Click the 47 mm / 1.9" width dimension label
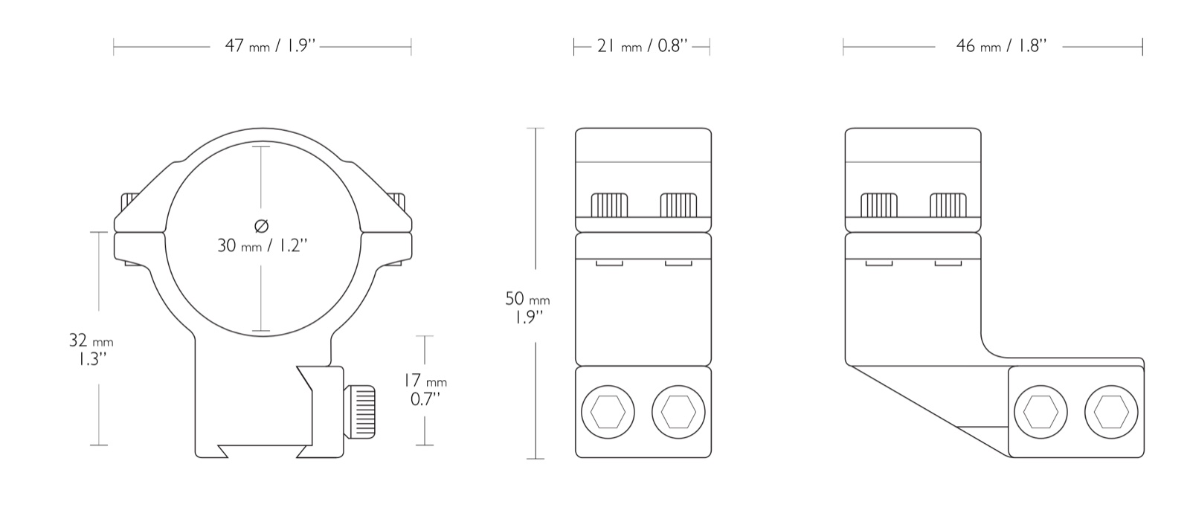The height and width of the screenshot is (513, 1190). pyautogui.click(x=271, y=45)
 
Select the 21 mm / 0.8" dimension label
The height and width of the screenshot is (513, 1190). pyautogui.click(x=643, y=46)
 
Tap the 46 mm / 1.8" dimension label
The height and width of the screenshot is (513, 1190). pyautogui.click(x=1001, y=46)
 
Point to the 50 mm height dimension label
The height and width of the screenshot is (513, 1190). pyautogui.click(x=527, y=308)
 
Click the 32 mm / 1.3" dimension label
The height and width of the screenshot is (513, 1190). pyautogui.click(x=91, y=349)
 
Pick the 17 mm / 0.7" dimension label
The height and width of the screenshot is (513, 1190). pyautogui.click(x=425, y=390)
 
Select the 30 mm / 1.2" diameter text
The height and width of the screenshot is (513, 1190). pyautogui.click(x=263, y=245)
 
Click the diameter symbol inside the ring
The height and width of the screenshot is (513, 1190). pyautogui.click(x=261, y=226)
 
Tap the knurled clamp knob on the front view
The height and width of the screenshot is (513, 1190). pyautogui.click(x=359, y=412)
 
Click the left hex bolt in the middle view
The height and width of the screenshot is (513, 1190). pyautogui.click(x=608, y=412)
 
